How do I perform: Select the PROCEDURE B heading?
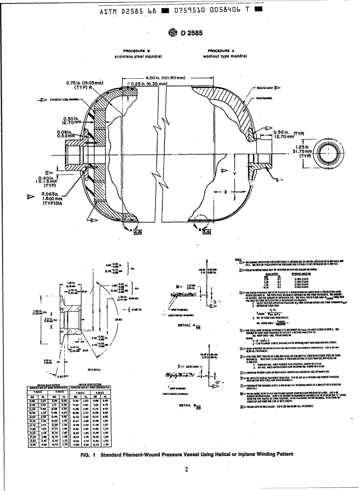click(x=139, y=50)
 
